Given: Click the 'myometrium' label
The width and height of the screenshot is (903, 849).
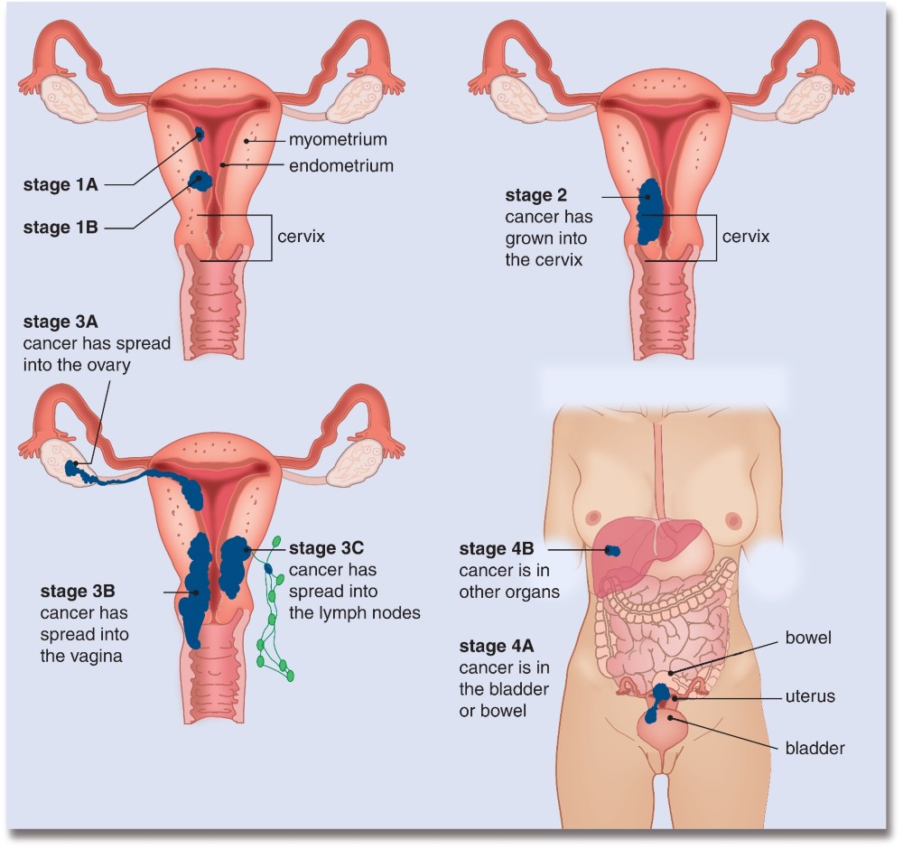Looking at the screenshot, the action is (x=338, y=140).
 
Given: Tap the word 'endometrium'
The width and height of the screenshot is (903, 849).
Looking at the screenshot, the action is (x=341, y=166).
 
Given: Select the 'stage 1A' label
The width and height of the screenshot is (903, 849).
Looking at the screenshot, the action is (x=61, y=185).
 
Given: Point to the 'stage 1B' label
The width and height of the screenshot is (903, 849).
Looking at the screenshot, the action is (x=61, y=228).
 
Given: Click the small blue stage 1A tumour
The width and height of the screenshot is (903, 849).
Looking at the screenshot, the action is (x=200, y=135).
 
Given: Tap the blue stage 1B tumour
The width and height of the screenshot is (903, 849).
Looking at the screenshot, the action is (x=201, y=181).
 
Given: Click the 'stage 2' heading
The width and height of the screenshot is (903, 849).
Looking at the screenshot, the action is (x=535, y=196).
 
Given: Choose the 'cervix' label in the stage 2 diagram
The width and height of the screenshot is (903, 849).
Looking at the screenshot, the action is (x=745, y=237).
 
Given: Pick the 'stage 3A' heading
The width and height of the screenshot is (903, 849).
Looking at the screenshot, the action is (x=61, y=322).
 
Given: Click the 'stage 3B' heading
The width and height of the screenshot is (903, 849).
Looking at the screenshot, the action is (x=78, y=592).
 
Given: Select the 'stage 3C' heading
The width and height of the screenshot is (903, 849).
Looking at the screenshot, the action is (x=326, y=548).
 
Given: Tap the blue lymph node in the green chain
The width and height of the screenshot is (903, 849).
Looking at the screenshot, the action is (x=268, y=569).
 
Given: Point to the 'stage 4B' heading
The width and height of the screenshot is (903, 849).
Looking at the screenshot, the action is (x=497, y=549).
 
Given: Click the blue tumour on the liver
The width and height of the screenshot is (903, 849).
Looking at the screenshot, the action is (x=613, y=551).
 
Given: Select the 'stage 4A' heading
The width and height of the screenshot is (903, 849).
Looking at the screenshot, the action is (x=497, y=647).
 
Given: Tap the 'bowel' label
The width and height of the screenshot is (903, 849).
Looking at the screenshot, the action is (x=808, y=639).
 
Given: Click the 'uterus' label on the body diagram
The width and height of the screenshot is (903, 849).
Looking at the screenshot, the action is (x=810, y=697).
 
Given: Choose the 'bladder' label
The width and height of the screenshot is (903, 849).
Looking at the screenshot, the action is (x=815, y=749).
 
